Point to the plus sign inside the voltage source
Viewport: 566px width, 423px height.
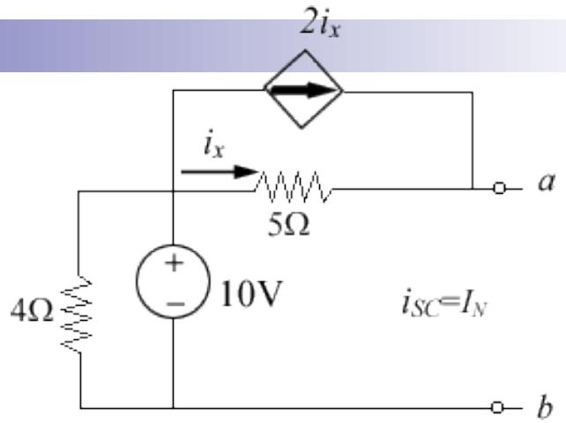174,268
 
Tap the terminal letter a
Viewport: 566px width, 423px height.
535,187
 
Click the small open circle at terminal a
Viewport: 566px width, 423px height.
501,188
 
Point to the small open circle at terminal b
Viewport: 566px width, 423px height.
501,407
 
